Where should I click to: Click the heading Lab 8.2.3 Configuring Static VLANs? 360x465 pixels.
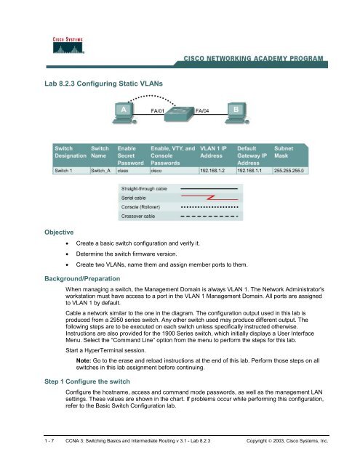point(106,85)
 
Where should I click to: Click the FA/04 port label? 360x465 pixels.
point(205,111)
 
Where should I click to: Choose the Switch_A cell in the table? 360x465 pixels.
point(100,171)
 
